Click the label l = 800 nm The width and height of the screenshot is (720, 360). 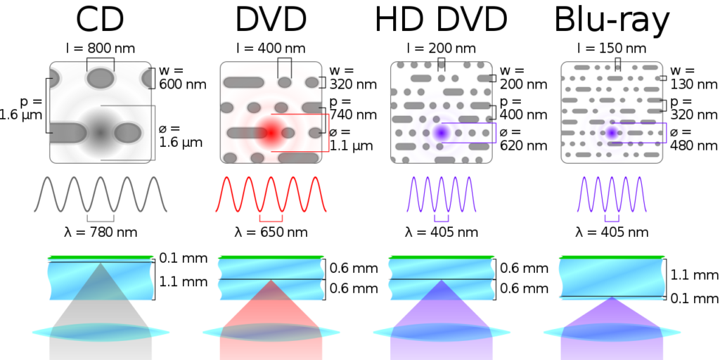point(101,49)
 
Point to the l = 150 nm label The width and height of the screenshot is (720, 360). point(611,49)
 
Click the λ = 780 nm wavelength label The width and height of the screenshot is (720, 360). point(101,232)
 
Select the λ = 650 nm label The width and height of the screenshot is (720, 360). point(271,232)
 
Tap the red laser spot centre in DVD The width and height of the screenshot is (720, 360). point(271,133)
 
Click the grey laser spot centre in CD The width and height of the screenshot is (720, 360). point(101,133)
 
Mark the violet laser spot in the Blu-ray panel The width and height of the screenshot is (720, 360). point(612,133)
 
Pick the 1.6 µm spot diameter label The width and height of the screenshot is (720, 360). point(181,142)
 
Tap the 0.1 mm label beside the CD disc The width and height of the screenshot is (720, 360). point(184,259)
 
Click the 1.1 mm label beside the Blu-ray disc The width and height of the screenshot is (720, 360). point(695,275)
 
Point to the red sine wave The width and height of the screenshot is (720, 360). point(271,194)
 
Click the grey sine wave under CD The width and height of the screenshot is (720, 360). point(101,194)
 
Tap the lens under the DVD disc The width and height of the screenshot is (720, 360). point(271,333)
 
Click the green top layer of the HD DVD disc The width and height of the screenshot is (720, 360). point(442,257)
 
